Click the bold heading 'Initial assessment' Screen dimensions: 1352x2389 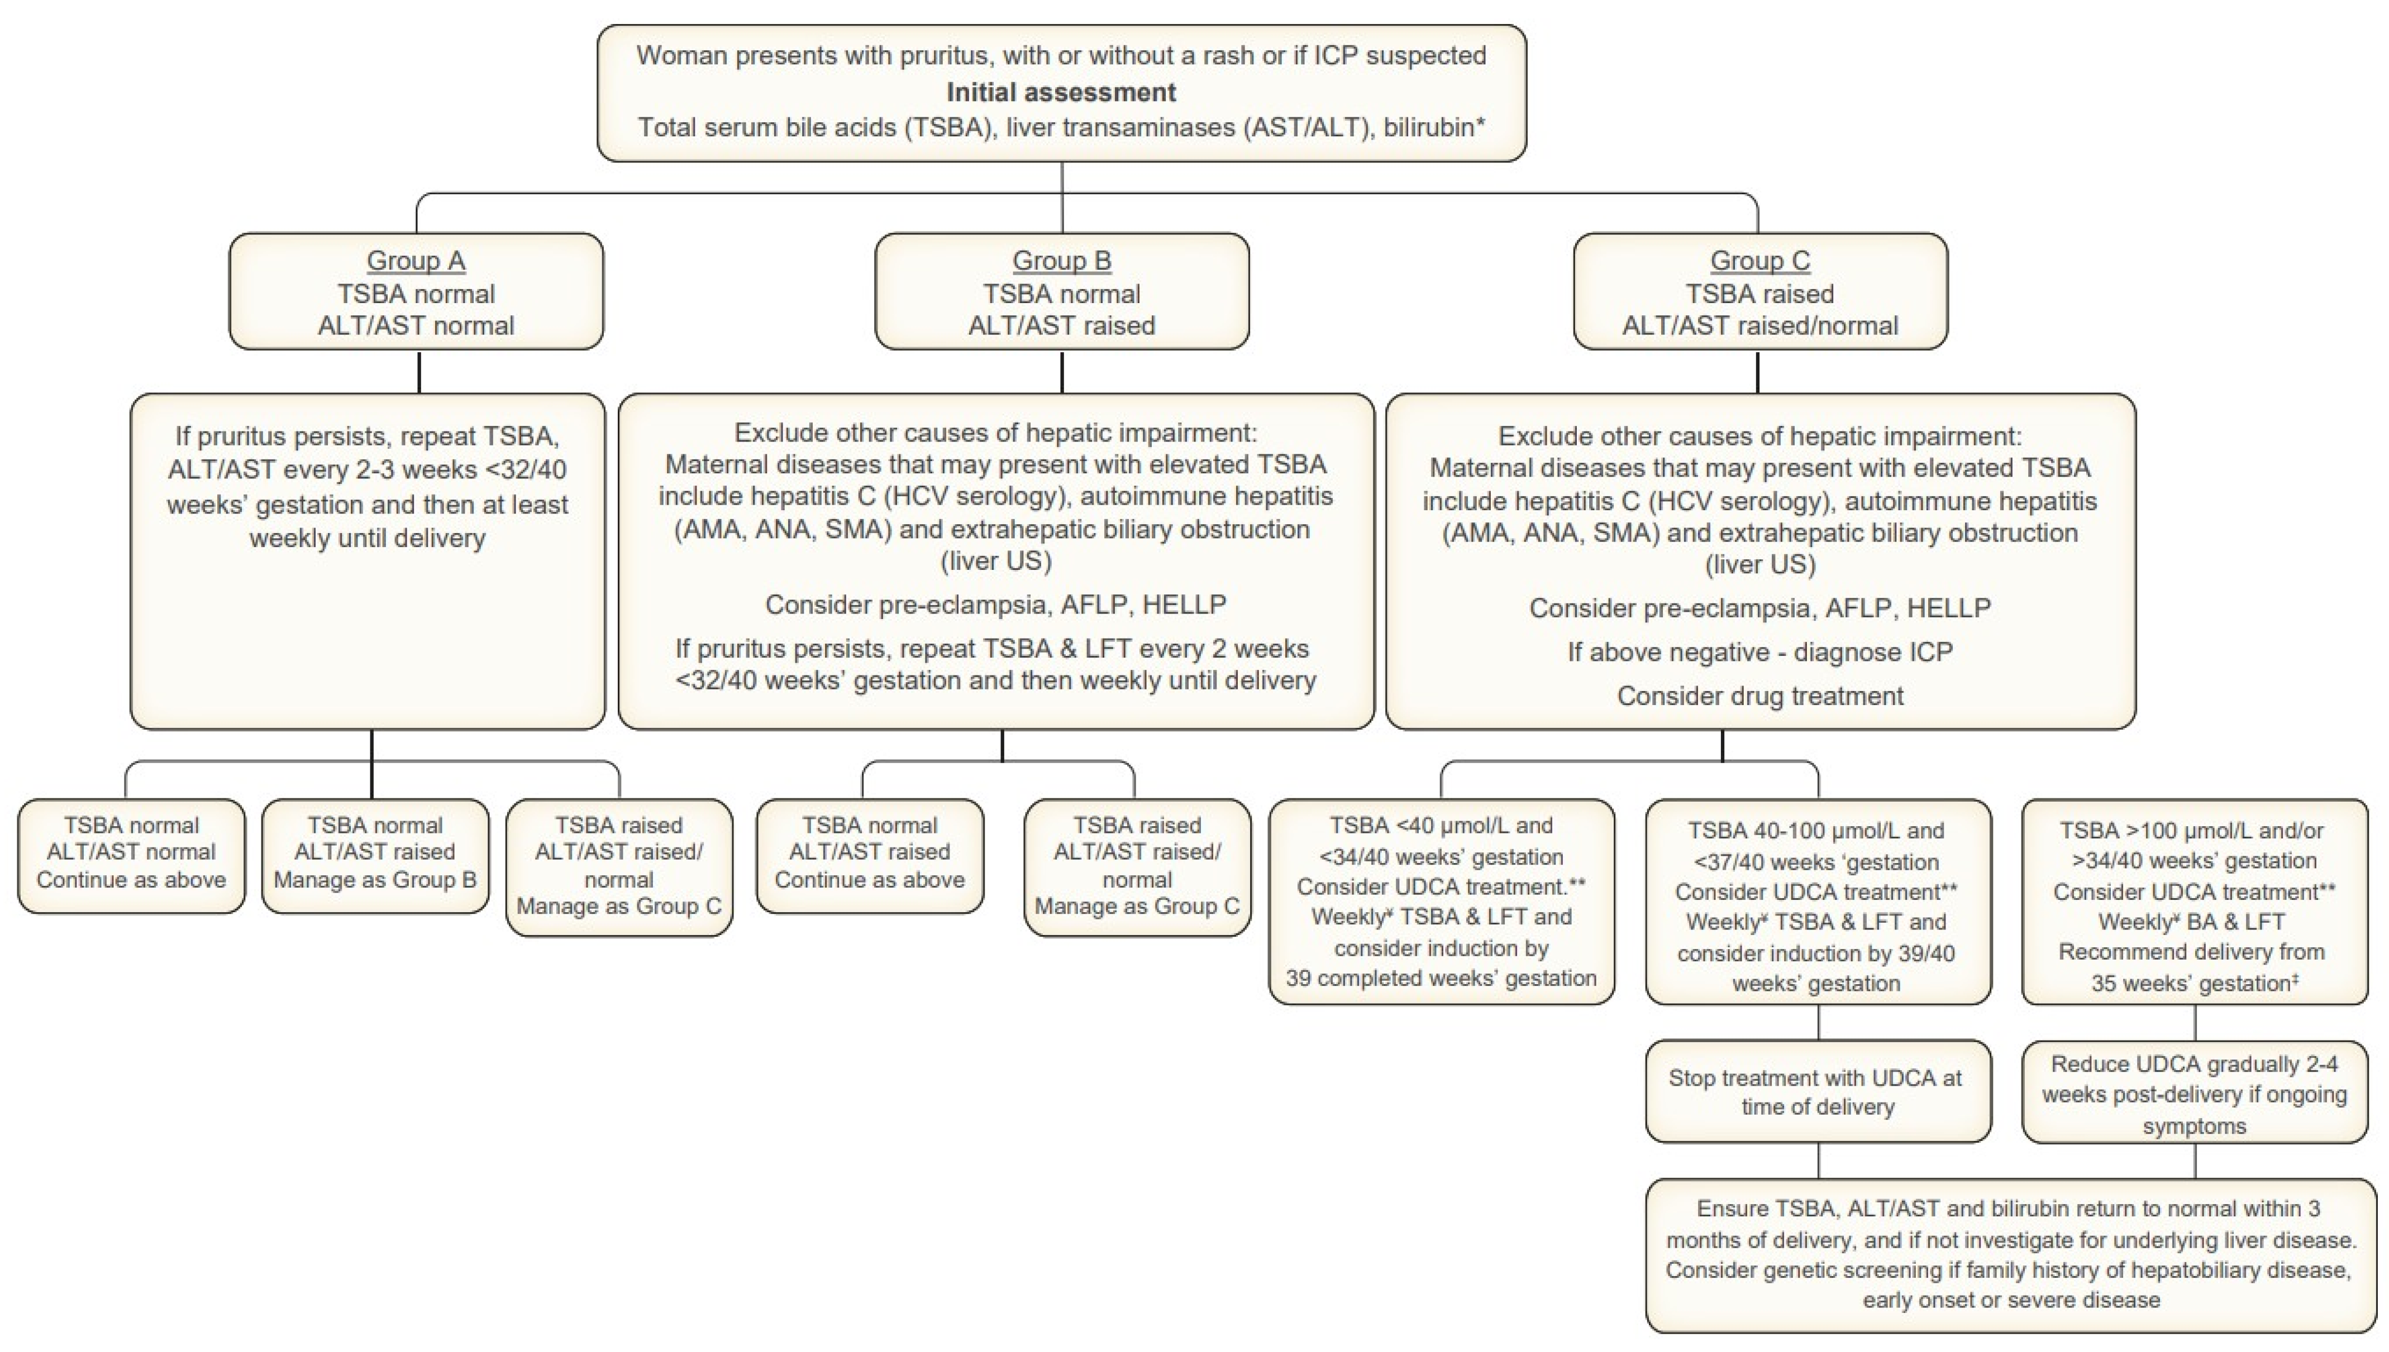click(1061, 92)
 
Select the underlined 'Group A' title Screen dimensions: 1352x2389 click(415, 261)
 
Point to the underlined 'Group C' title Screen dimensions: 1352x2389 click(1759, 261)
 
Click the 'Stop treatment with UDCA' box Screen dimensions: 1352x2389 click(1817, 1091)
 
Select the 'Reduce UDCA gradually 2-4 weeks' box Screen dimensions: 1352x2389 click(2194, 1094)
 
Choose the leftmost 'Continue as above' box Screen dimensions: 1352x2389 click(131, 854)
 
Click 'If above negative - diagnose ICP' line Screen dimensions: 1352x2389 click(1759, 652)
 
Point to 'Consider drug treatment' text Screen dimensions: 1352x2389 click(1759, 696)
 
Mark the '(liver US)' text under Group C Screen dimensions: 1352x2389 click(1759, 564)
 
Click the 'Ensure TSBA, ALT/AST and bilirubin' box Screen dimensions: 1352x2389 click(2010, 1254)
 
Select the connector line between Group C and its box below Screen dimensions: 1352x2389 click(1757, 371)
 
